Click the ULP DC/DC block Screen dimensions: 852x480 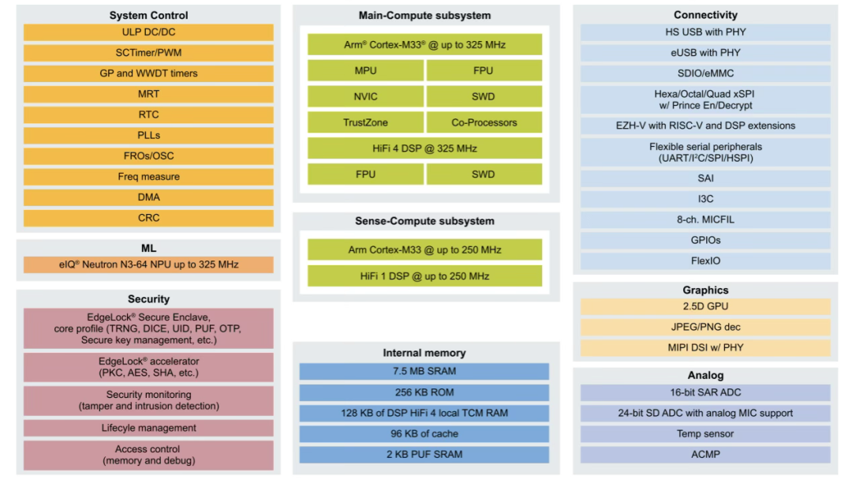(x=148, y=32)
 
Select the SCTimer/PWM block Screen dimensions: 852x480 (x=148, y=53)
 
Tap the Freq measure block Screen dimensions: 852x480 (x=148, y=177)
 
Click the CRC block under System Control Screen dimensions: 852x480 (x=148, y=218)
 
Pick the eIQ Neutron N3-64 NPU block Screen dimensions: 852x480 (x=148, y=264)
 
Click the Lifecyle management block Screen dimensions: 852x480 (x=148, y=428)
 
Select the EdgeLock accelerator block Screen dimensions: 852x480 (x=148, y=367)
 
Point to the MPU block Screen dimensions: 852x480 (x=365, y=71)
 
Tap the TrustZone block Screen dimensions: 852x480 (x=365, y=122)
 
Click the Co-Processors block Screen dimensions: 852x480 (x=484, y=122)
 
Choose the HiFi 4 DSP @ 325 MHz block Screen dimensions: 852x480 (x=424, y=148)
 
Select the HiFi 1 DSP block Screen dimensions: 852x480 (x=424, y=276)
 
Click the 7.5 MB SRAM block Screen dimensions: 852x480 (x=424, y=371)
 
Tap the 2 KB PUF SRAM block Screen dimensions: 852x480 (x=424, y=455)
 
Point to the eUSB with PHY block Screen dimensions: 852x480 (x=705, y=53)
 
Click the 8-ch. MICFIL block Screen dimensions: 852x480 (x=705, y=219)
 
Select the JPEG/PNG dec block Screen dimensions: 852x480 (x=705, y=328)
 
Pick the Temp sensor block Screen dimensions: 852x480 (x=705, y=433)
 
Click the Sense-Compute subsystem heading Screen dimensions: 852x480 (x=424, y=221)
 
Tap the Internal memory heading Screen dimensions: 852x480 (x=424, y=353)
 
